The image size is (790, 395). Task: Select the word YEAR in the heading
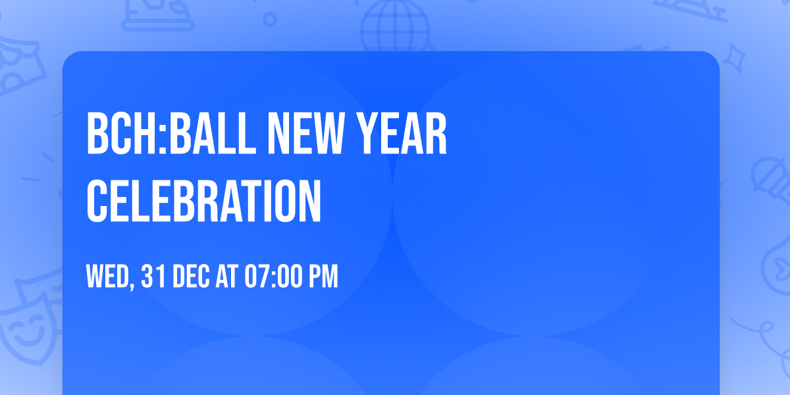click(x=408, y=135)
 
